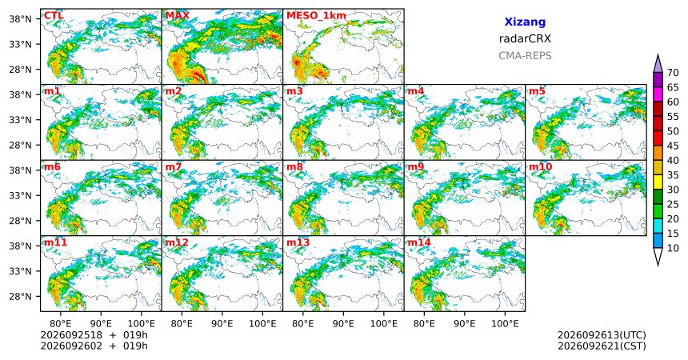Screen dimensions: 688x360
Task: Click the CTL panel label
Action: click(x=54, y=16)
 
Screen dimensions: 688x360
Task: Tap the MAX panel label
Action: click(x=178, y=16)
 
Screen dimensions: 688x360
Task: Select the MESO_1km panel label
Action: click(x=316, y=16)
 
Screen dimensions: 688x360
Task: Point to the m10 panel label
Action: click(x=540, y=167)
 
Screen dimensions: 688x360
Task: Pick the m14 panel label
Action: click(x=419, y=242)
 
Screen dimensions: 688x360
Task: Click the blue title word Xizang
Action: click(x=525, y=22)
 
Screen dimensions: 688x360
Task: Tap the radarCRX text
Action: click(x=525, y=38)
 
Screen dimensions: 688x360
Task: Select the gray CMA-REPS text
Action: click(x=525, y=56)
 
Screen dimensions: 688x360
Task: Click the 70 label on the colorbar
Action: click(x=673, y=73)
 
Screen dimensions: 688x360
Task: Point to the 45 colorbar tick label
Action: click(x=673, y=146)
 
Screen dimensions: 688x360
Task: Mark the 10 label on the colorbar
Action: click(x=673, y=249)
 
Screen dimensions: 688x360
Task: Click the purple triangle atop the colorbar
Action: click(x=658, y=65)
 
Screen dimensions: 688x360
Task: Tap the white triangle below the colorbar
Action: click(x=658, y=255)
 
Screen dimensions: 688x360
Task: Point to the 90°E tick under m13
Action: click(x=343, y=324)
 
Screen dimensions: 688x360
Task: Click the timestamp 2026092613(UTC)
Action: click(x=602, y=335)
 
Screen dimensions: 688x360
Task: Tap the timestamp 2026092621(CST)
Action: click(x=602, y=346)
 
